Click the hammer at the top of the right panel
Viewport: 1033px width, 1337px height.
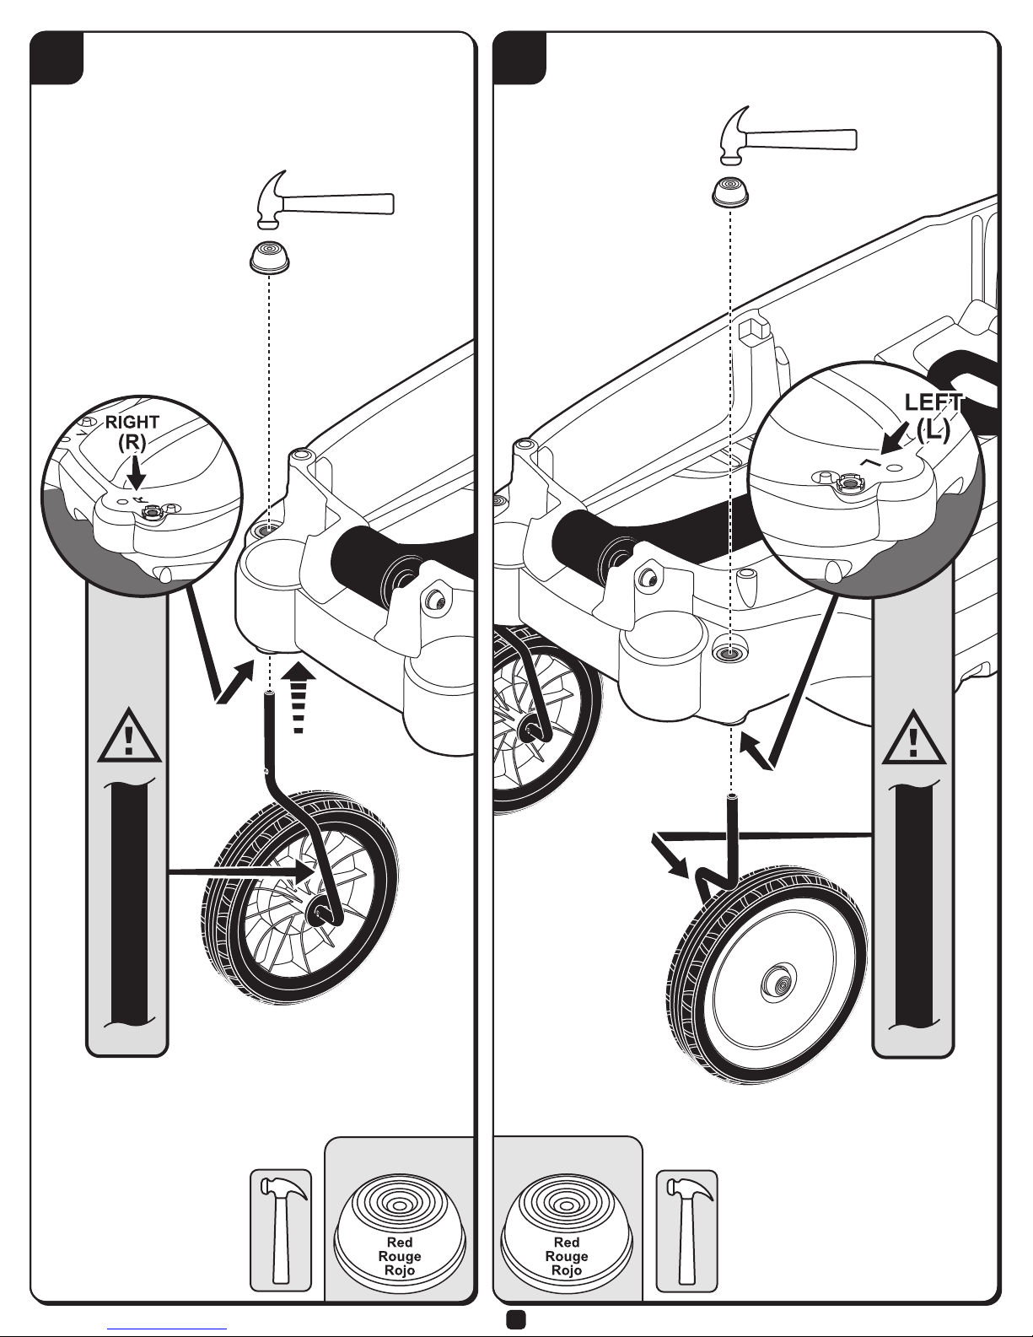(788, 137)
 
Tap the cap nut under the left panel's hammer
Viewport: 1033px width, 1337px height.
(269, 257)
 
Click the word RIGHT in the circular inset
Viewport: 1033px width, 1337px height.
(132, 422)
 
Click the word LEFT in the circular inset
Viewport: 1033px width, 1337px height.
(933, 402)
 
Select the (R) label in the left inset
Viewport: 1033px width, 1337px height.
(132, 442)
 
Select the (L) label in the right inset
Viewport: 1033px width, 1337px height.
(933, 429)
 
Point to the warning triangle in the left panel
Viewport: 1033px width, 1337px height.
(129, 736)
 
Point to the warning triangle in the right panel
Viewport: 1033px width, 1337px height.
(913, 737)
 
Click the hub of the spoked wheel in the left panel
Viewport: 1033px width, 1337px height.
(319, 912)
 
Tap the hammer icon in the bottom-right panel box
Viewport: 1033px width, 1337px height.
(687, 1231)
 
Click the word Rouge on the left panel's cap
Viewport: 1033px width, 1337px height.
(400, 1256)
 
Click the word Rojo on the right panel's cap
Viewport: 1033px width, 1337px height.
(567, 1270)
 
